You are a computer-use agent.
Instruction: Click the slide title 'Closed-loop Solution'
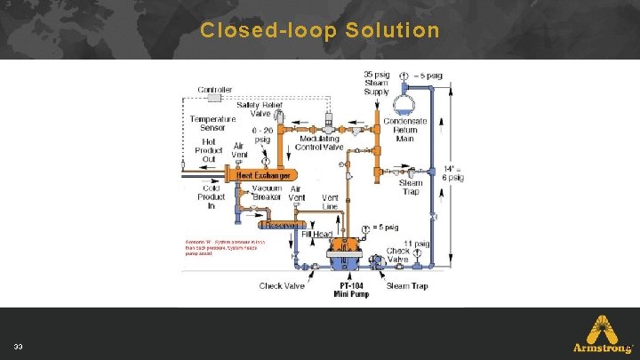(x=320, y=30)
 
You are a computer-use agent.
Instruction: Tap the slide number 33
(x=19, y=345)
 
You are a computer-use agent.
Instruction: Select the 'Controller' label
(x=216, y=90)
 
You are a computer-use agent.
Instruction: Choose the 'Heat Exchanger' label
(x=262, y=176)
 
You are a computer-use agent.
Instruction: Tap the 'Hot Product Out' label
(x=209, y=150)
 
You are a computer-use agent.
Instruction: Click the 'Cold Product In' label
(x=211, y=197)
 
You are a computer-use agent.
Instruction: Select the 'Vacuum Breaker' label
(x=267, y=193)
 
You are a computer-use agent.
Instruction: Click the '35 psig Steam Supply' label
(x=377, y=84)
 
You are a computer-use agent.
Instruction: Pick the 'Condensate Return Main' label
(x=405, y=130)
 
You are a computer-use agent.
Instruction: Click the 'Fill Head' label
(x=317, y=234)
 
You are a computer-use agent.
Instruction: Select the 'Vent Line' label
(x=330, y=202)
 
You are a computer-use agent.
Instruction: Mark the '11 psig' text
(x=417, y=243)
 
